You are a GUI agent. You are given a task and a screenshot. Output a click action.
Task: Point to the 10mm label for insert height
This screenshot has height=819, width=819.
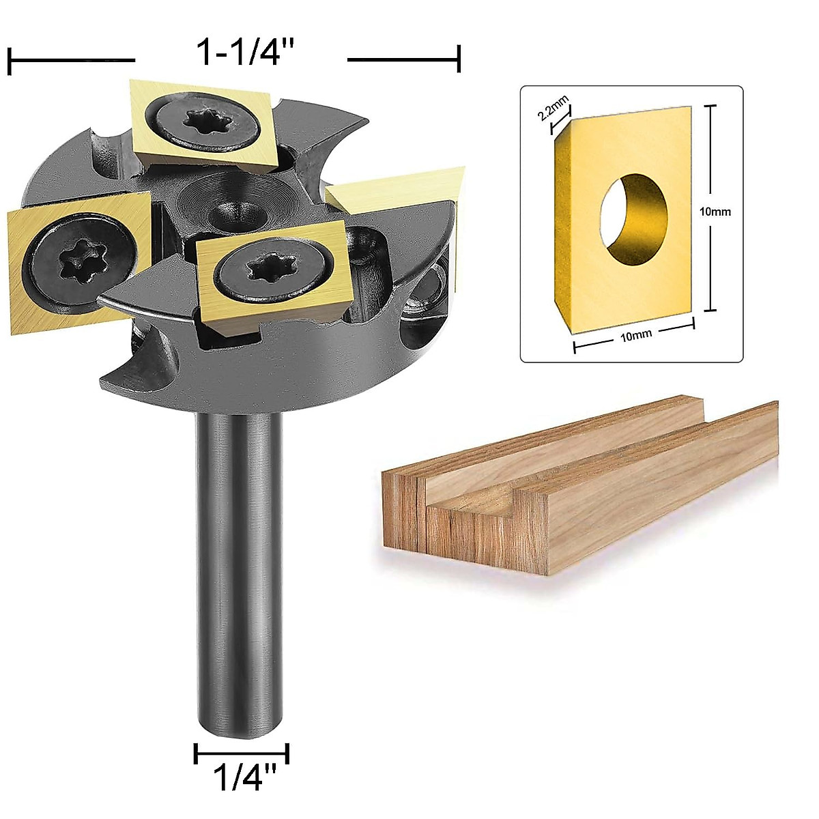coord(715,212)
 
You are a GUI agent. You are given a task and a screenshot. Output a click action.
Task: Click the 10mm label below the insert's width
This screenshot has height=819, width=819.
coord(635,334)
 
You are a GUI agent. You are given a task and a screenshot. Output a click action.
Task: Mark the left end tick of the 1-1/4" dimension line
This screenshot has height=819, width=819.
coord(10,60)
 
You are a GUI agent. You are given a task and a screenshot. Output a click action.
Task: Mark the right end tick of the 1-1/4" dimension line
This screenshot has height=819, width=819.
coord(459,59)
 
